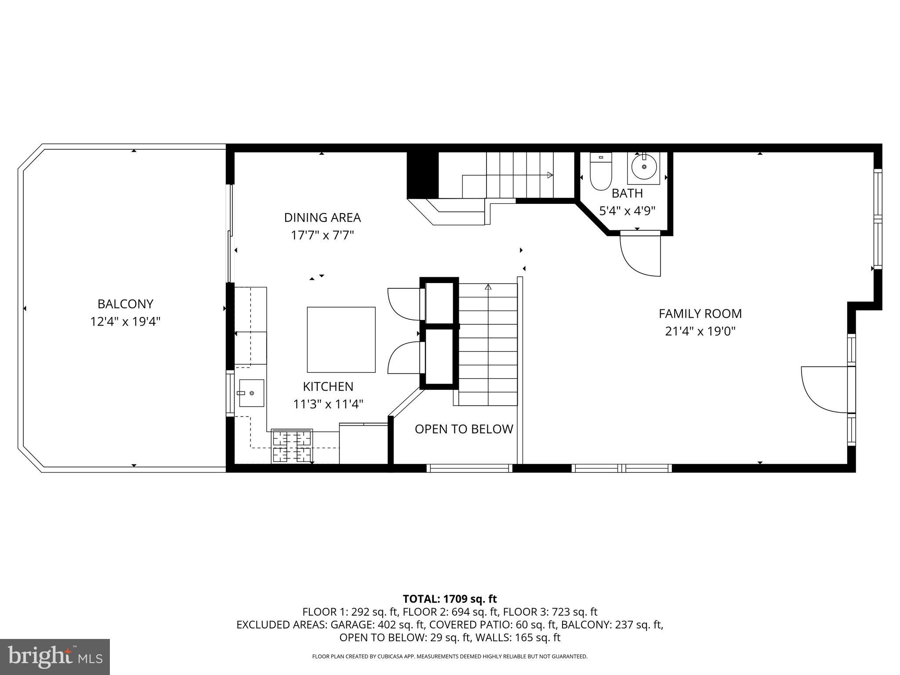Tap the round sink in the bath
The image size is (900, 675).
pos(644,167)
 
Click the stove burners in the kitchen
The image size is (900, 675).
pos(292,446)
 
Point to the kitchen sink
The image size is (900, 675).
pos(251,393)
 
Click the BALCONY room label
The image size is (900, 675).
pos(125,304)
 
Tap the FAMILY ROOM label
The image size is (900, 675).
pos(700,313)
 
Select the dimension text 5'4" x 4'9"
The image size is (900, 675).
pos(627,211)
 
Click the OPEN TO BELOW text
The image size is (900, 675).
pos(464,429)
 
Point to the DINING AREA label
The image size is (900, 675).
pos(322,218)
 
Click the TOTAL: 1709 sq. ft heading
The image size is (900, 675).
pos(450,599)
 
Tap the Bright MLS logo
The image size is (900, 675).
pos(55,657)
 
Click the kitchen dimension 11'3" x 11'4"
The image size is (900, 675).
pos(328,404)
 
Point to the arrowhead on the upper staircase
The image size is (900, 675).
pos(550,175)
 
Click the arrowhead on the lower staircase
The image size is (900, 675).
pos(488,287)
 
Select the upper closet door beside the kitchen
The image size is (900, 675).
pos(403,303)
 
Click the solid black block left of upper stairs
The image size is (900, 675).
pos(422,175)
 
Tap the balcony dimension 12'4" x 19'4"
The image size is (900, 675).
pos(125,322)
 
